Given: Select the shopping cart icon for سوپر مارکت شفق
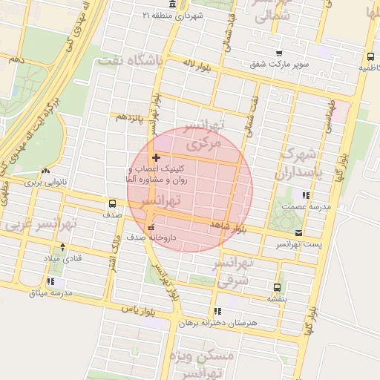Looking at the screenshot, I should click(279, 53).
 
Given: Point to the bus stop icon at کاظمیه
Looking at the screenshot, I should click(370, 56).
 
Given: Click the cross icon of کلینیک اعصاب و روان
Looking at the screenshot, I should click(155, 157).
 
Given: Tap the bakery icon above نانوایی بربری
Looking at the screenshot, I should click(46, 171).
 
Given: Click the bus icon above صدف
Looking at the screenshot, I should click(112, 203).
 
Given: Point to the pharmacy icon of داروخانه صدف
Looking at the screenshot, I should click(151, 227).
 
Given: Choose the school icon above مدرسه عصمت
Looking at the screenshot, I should click(307, 194).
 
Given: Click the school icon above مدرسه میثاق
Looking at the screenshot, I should click(50, 281).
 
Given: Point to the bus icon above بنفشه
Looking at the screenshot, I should click(278, 287).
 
